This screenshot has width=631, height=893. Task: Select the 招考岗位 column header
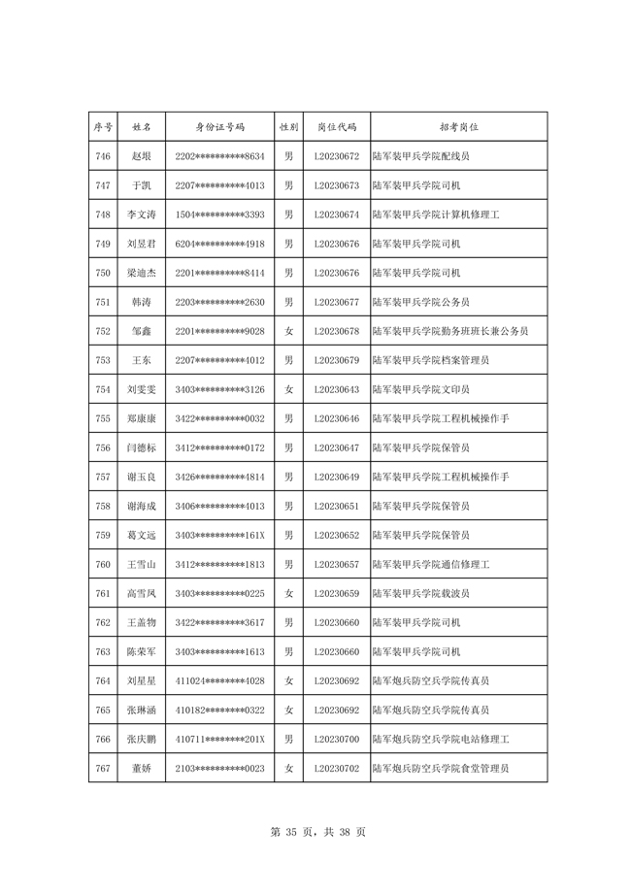[x=459, y=127]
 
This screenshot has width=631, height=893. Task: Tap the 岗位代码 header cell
[x=337, y=127]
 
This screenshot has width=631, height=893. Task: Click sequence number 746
[x=103, y=156]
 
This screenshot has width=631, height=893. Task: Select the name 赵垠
[x=141, y=156]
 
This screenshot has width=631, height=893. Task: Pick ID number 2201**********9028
[x=219, y=331]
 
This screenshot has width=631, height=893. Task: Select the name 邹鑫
[x=141, y=331]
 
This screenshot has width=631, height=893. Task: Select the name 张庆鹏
[x=141, y=739]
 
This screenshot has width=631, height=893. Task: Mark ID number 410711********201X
[x=219, y=739]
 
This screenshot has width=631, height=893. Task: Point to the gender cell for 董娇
[x=288, y=768]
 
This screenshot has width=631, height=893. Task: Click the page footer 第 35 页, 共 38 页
[x=316, y=832]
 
